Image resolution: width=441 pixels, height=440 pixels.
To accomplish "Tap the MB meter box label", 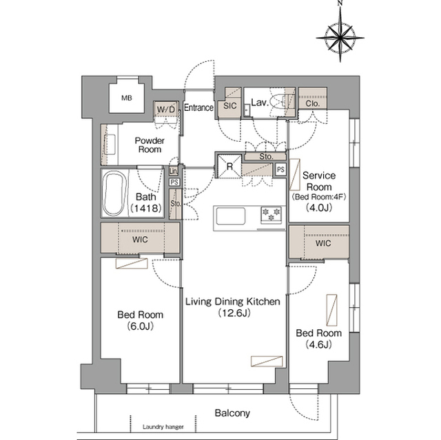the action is pyautogui.click(x=127, y=98).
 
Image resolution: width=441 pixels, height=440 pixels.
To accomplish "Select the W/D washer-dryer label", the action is pyautogui.click(x=166, y=109).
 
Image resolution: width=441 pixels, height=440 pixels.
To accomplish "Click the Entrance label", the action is pyautogui.click(x=198, y=107).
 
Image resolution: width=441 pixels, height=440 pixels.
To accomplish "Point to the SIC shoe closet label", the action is pyautogui.click(x=230, y=106).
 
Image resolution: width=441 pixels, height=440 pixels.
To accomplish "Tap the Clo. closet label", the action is pyautogui.click(x=312, y=104).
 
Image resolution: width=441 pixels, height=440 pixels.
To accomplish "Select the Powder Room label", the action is pyautogui.click(x=150, y=145).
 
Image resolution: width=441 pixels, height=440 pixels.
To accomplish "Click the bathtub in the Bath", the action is pyautogui.click(x=114, y=194).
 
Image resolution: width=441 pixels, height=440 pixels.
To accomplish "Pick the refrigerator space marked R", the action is pyautogui.click(x=229, y=167).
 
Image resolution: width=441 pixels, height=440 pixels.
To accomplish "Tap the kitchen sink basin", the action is pyautogui.click(x=231, y=216).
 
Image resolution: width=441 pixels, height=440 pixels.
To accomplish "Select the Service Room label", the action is pyautogui.click(x=319, y=181).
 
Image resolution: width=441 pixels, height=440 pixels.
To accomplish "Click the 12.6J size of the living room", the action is pyautogui.click(x=234, y=313).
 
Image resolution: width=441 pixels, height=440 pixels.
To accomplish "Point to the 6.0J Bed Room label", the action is pyautogui.click(x=141, y=320).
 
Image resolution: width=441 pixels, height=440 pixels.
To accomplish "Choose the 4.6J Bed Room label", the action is pyautogui.click(x=318, y=339).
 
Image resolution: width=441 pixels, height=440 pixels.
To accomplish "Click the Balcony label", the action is pyautogui.click(x=232, y=413).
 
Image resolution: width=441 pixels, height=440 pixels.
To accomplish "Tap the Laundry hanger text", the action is pyautogui.click(x=163, y=427).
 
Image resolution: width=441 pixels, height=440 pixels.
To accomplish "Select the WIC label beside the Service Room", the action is pyautogui.click(x=323, y=243).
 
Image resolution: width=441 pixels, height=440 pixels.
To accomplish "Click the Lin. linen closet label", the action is pyautogui.click(x=174, y=171).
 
